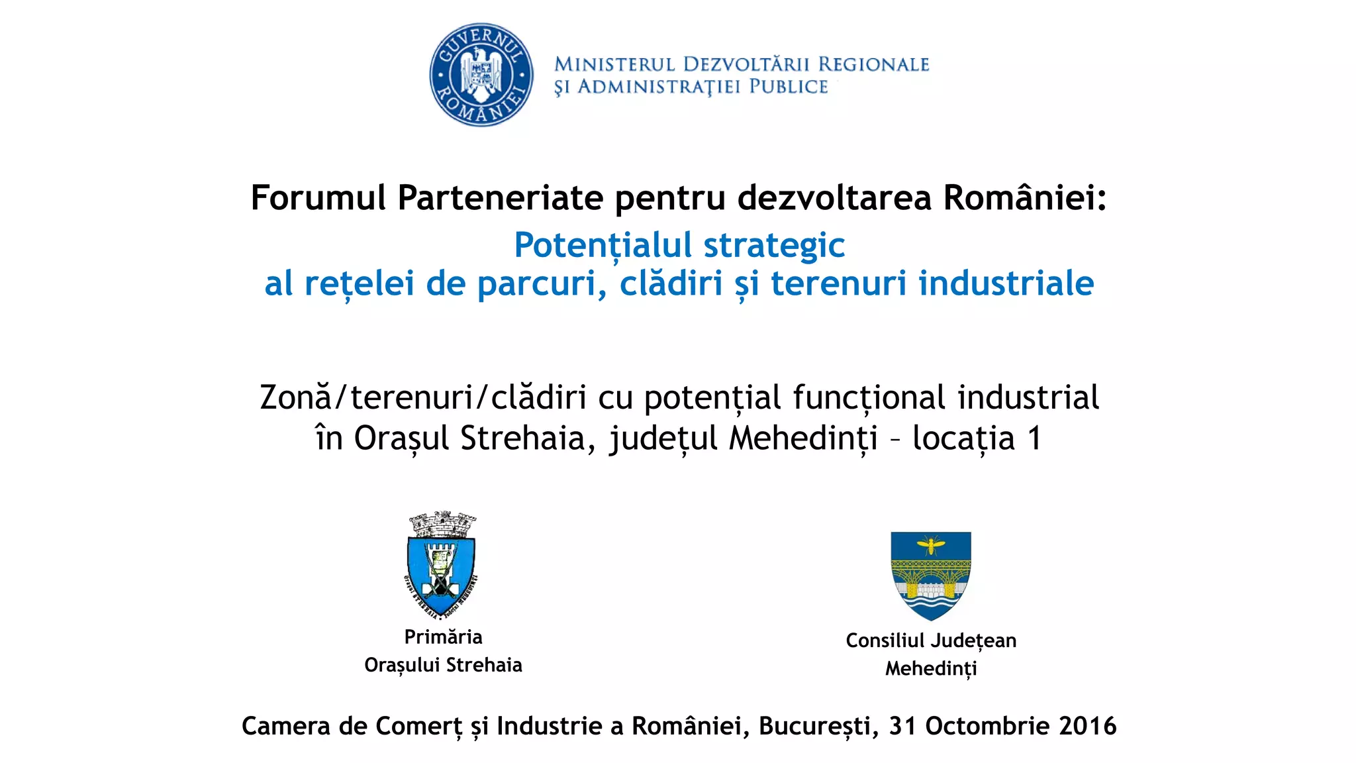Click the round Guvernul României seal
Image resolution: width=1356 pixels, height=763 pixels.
[481, 75]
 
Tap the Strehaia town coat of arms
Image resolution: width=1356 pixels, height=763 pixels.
[442, 565]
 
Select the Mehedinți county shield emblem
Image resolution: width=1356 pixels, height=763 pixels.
[930, 575]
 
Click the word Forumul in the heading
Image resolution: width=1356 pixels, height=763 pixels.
[318, 197]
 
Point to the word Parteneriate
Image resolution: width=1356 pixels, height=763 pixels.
[501, 197]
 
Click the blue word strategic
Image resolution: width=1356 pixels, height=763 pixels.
[774, 245]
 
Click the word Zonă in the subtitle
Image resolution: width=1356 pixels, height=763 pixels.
[295, 397]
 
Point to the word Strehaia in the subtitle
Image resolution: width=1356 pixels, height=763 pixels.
[523, 438]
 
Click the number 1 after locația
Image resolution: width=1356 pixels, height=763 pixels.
[1034, 438]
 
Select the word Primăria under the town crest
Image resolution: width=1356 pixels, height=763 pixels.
[443, 637]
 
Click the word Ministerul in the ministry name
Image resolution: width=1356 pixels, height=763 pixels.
[614, 64]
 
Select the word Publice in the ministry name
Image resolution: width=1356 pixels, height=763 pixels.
[788, 87]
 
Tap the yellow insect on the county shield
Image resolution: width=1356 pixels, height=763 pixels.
[930, 546]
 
